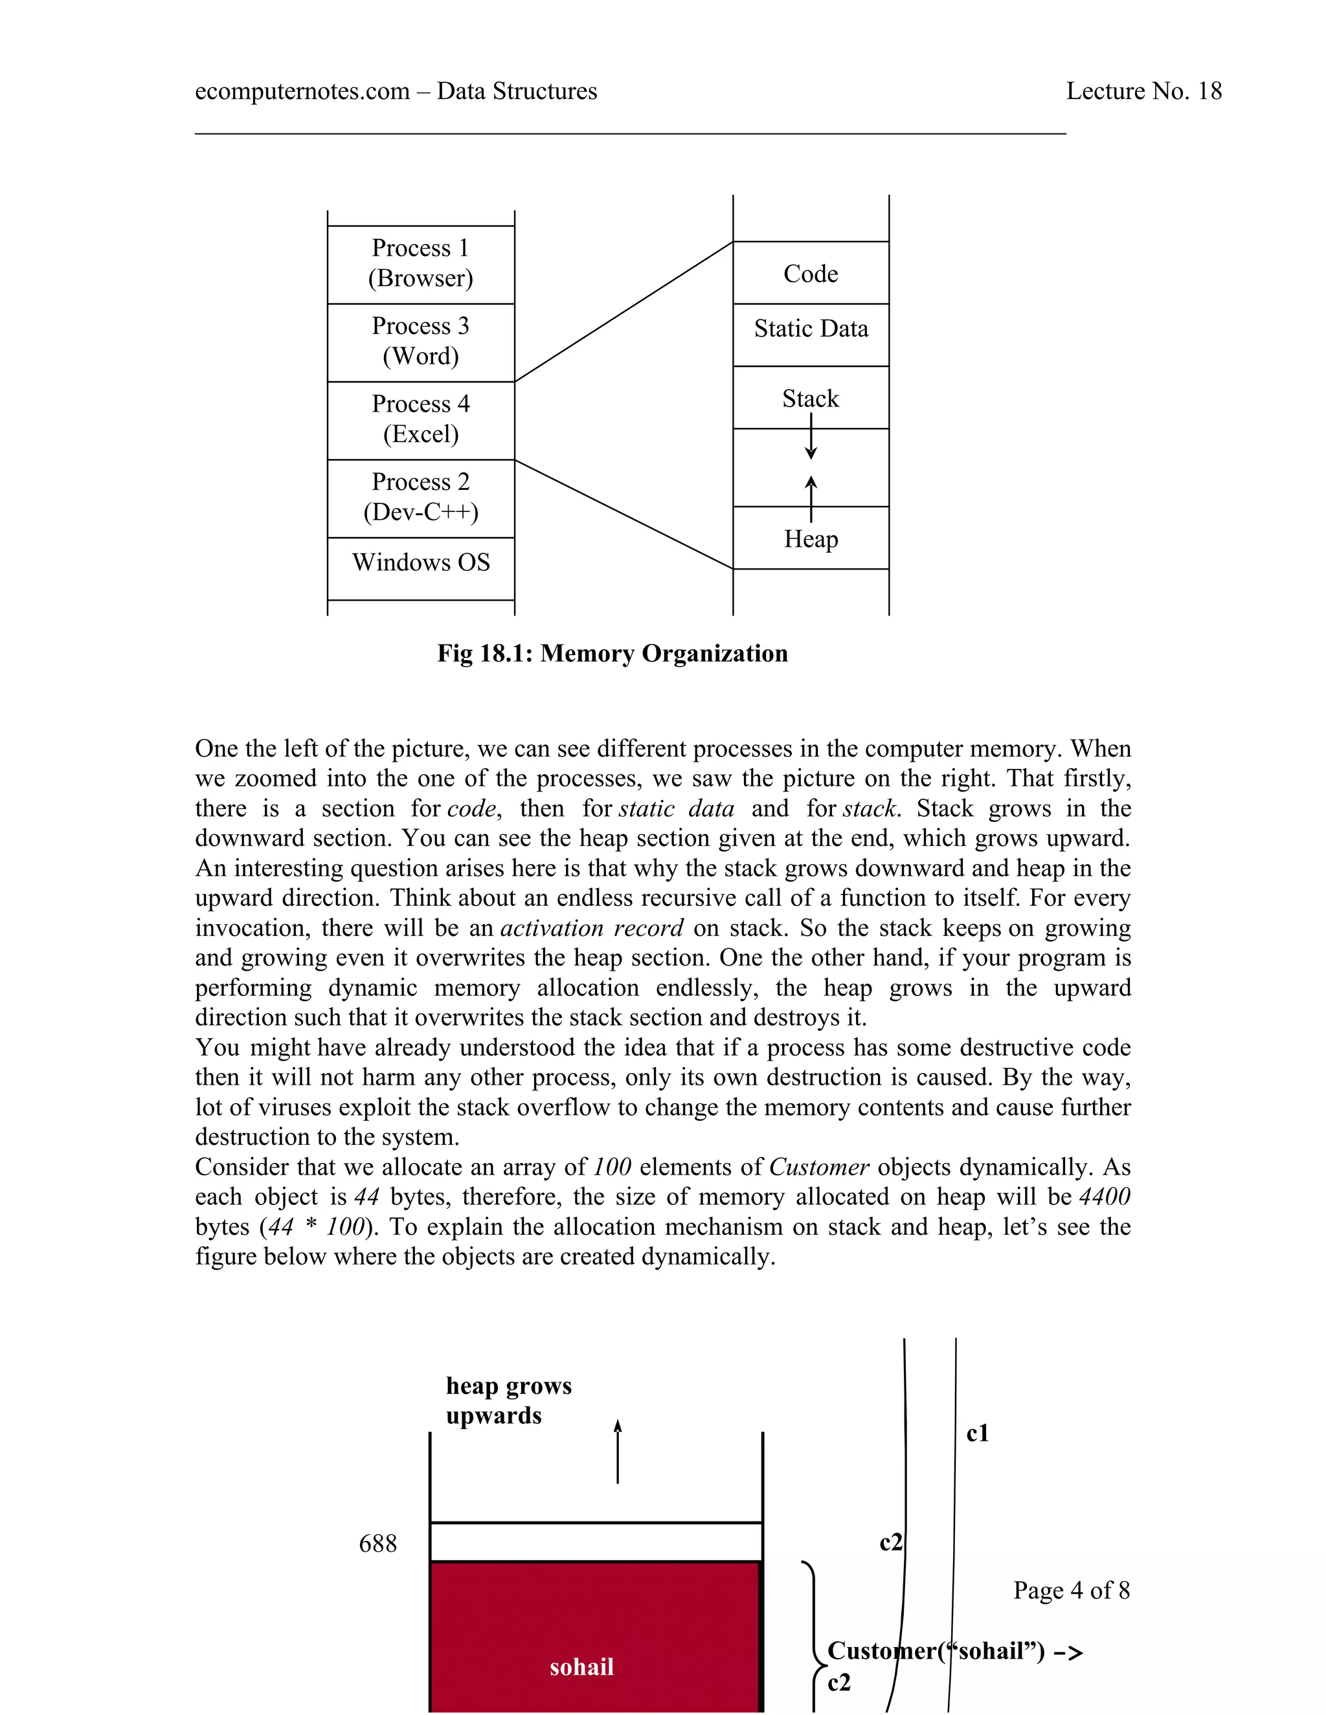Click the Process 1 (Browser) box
[x=420, y=264]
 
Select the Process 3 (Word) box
[x=420, y=342]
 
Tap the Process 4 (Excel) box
[x=420, y=419]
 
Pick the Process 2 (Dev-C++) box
[x=420, y=497]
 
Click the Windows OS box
[x=420, y=563]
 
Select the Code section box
[x=811, y=273]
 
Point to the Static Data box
[x=811, y=329]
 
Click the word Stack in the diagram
[x=811, y=399]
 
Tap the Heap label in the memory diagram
[x=811, y=540]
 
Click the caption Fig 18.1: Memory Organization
[x=612, y=654]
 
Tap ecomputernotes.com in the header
[x=302, y=91]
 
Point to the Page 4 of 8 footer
[x=1071, y=1590]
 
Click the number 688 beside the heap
[x=378, y=1543]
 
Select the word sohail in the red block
[x=581, y=1666]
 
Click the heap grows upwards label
[x=508, y=1401]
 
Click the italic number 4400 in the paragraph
[x=1105, y=1197]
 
